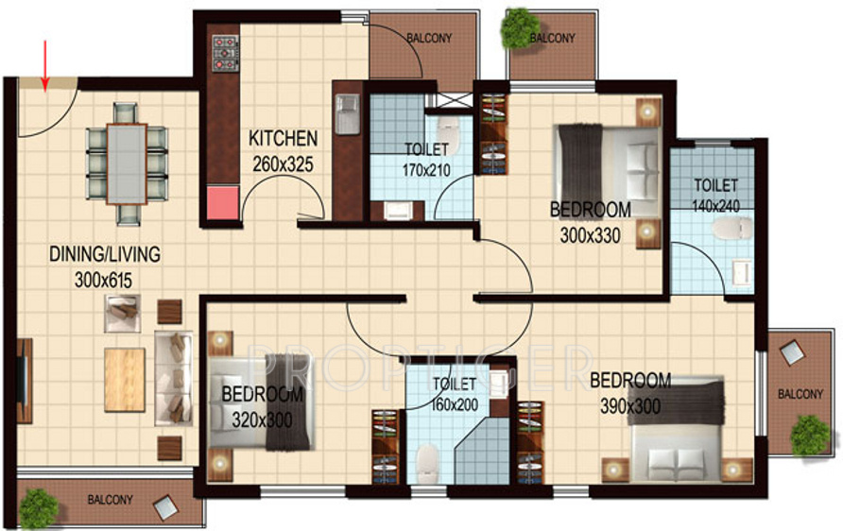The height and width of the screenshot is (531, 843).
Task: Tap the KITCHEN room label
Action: tap(283, 139)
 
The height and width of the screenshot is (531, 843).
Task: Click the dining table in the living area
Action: tap(126, 163)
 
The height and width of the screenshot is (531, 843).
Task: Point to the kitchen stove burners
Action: tap(226, 54)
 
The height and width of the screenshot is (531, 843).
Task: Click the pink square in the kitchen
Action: tap(222, 202)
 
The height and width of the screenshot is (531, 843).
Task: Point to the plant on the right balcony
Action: tap(809, 435)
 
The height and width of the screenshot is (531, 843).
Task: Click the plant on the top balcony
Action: tap(520, 28)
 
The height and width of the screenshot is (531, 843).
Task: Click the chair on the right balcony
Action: tap(791, 352)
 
